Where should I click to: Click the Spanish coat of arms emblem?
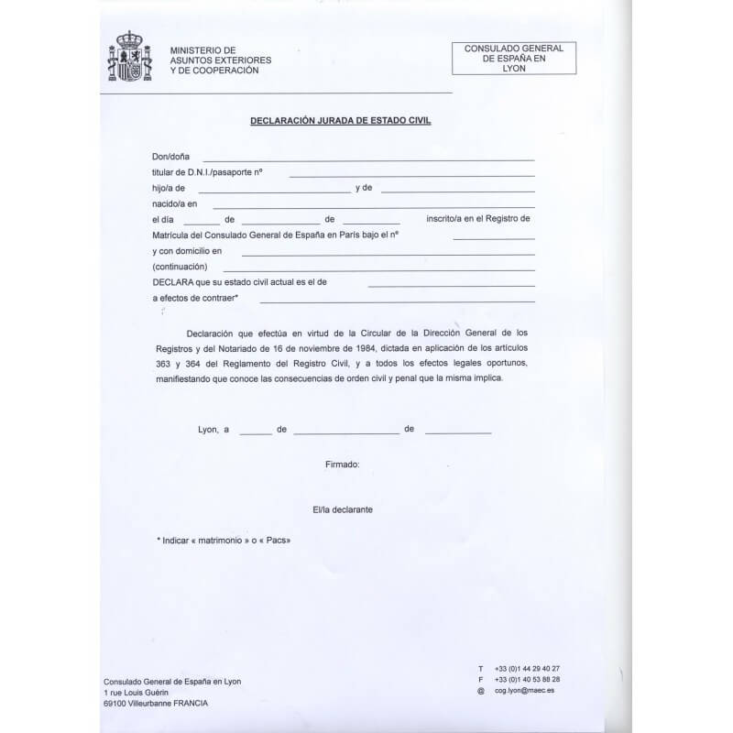point(129,58)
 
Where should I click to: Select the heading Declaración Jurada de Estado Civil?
point(340,120)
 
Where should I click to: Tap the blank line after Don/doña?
point(367,159)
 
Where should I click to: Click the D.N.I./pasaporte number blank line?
point(411,174)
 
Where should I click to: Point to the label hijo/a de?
point(170,189)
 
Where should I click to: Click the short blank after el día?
point(201,222)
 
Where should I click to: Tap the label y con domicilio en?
point(188,250)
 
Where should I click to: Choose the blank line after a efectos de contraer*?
point(397,301)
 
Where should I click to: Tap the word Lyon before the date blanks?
point(208,429)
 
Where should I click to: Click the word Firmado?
point(343,465)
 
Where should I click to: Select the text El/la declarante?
point(343,509)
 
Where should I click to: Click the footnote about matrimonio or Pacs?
point(224,541)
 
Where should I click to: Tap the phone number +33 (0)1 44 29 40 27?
point(527,668)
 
